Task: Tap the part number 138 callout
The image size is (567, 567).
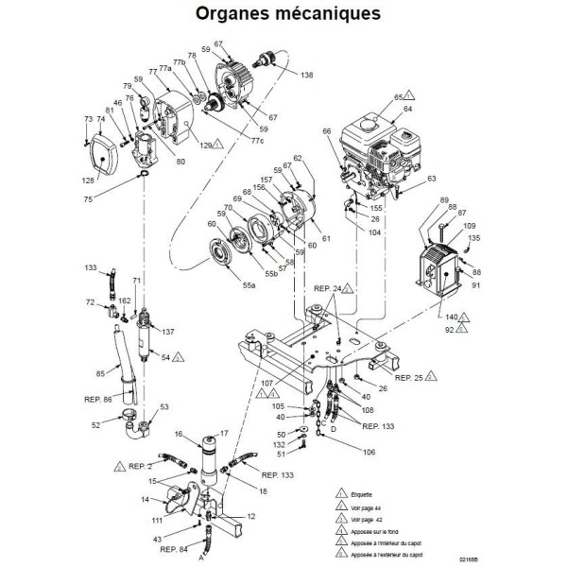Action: tap(307, 74)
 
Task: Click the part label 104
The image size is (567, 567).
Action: tap(375, 230)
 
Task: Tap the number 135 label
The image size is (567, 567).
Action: tap(474, 237)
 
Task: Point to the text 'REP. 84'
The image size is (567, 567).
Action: tap(174, 548)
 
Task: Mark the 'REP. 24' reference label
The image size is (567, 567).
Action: tap(327, 288)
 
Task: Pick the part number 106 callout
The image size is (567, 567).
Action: tap(341, 451)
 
